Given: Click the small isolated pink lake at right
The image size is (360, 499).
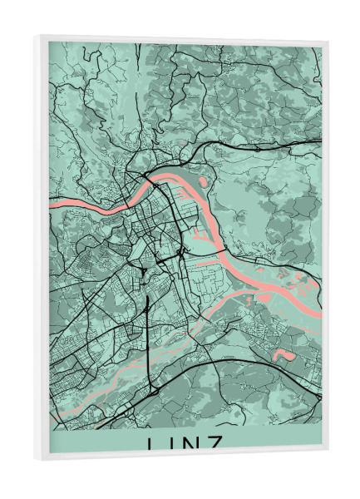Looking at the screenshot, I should (x=285, y=355).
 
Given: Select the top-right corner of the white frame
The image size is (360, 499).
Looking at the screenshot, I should (x=328, y=42).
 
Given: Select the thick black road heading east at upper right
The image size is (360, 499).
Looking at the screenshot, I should (x=274, y=147).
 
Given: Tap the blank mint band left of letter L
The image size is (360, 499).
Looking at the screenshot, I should (x=91, y=444).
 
